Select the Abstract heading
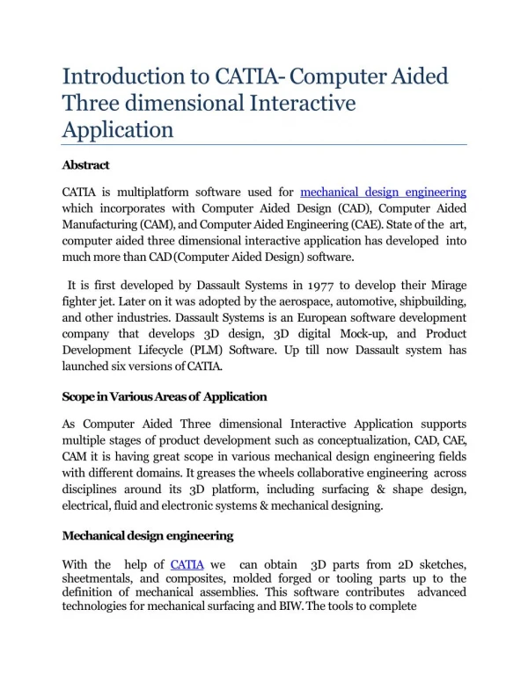tap(85, 164)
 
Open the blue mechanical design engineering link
tap(383, 192)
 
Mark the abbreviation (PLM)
tap(213, 351)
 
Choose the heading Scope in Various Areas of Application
tap(165, 397)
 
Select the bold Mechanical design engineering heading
tap(146, 536)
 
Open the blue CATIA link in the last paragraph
tap(187, 564)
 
